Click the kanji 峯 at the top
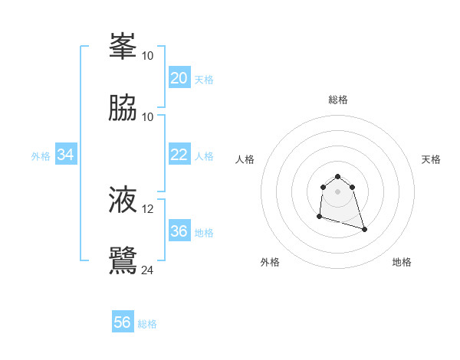click(x=123, y=47)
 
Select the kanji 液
click(x=123, y=200)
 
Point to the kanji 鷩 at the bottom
click(x=123, y=260)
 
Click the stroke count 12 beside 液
click(x=148, y=209)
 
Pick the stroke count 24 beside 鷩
click(x=148, y=270)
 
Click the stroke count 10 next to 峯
click(x=148, y=56)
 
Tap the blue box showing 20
click(x=179, y=78)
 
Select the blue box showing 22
click(x=179, y=155)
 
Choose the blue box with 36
click(x=179, y=231)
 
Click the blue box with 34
click(x=66, y=155)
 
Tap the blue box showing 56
click(x=123, y=322)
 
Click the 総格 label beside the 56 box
click(x=148, y=324)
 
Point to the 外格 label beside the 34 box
click(x=41, y=156)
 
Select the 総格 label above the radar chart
click(x=338, y=100)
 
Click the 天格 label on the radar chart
click(x=431, y=159)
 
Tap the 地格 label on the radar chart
click(x=402, y=262)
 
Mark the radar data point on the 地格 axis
click(x=364, y=229)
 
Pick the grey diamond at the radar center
click(x=338, y=191)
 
